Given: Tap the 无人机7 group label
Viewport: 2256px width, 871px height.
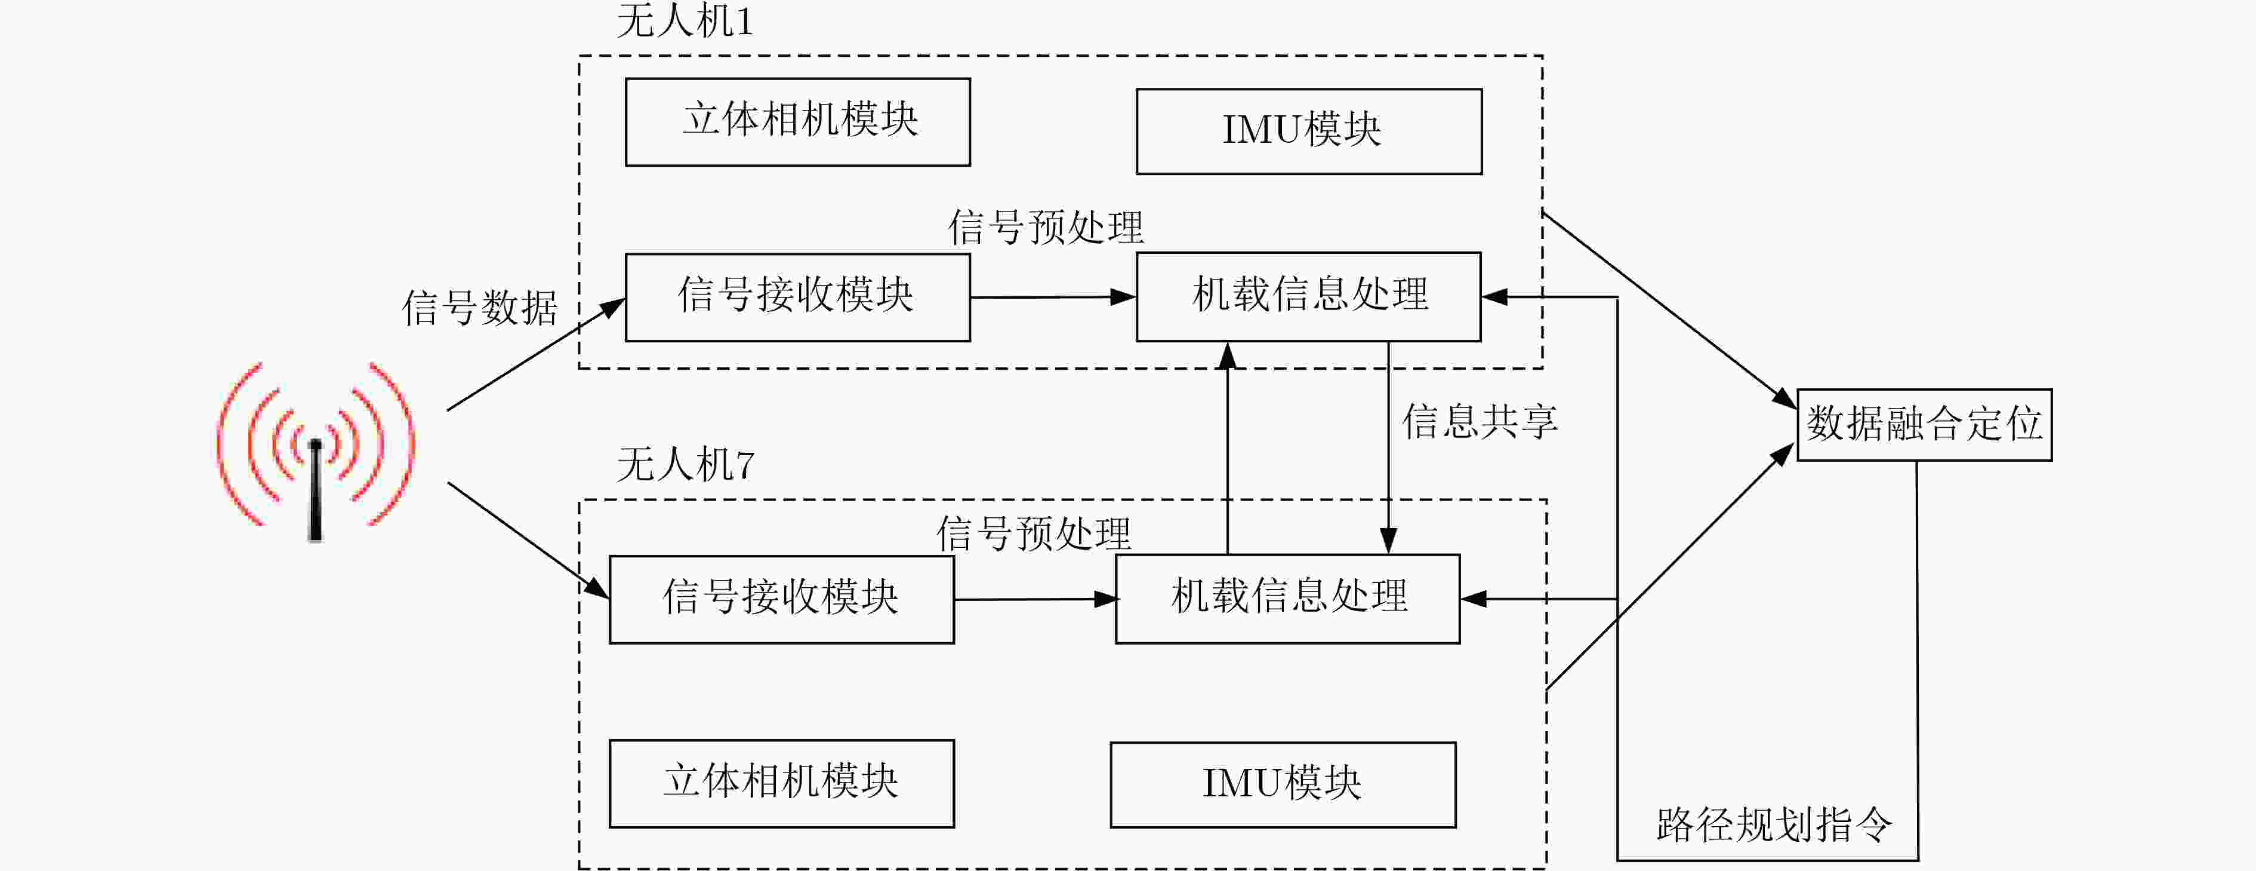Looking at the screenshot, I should coord(685,464).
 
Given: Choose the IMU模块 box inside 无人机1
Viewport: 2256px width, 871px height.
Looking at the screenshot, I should coord(1308,131).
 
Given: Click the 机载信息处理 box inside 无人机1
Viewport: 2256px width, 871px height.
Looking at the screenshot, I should coord(1308,296).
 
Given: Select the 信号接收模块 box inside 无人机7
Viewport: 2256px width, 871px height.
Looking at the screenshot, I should coord(781,599).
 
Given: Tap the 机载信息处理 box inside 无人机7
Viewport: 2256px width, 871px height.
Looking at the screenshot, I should coord(1287,599).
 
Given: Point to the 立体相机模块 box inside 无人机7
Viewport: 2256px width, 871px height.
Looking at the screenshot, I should coord(781,783).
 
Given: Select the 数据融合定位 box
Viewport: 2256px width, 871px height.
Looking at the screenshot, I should coord(1924,425).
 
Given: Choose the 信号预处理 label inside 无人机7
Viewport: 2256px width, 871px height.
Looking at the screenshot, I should coord(1034,533).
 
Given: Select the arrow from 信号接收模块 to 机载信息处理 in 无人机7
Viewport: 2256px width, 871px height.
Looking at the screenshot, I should coord(1034,599).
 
